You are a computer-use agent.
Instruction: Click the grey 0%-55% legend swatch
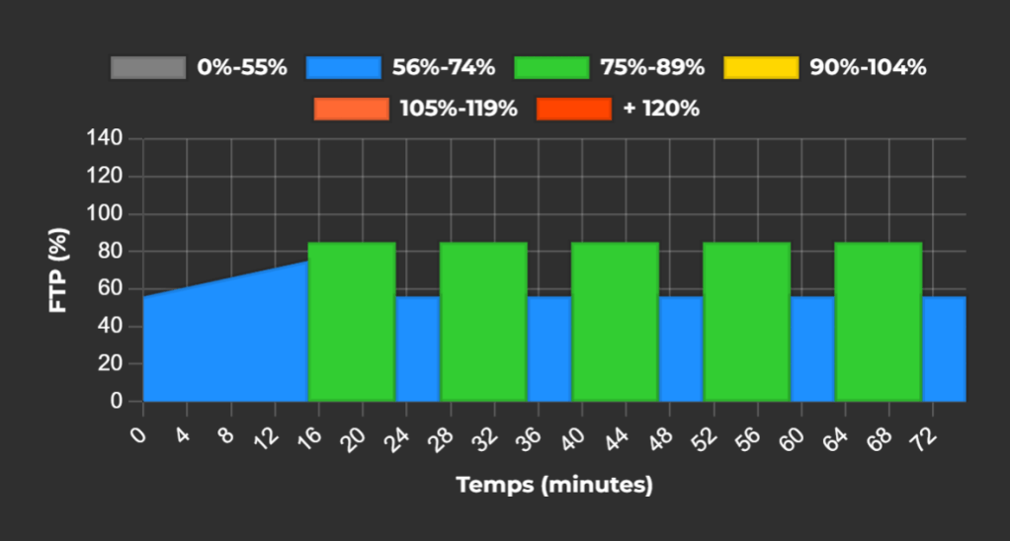tap(148, 68)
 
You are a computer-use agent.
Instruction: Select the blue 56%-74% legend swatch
tap(343, 68)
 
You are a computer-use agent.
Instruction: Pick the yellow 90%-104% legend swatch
tap(761, 68)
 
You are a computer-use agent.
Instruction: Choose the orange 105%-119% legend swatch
tap(351, 109)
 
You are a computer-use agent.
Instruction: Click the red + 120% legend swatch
tap(573, 109)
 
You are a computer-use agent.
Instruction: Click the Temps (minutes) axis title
tap(554, 485)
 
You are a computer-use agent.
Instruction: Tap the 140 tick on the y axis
tap(111, 138)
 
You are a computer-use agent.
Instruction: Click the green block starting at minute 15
tap(352, 321)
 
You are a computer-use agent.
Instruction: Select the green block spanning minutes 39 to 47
tap(615, 321)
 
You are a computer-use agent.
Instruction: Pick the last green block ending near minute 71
tap(878, 321)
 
